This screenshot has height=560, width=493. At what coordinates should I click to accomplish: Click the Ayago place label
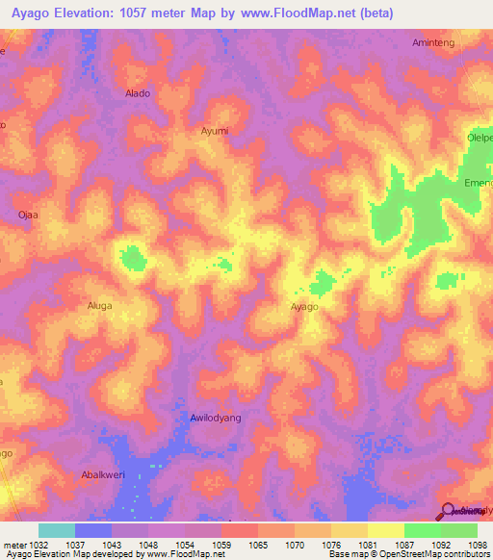[x=304, y=307]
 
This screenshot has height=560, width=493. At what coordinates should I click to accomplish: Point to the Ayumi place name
[x=214, y=130]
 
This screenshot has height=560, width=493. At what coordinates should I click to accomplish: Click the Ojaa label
[x=28, y=215]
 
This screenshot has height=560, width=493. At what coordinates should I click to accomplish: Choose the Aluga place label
[x=100, y=306]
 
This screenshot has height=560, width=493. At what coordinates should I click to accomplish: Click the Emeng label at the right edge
[x=478, y=182]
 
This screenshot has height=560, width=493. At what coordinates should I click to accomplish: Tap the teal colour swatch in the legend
[x=57, y=530]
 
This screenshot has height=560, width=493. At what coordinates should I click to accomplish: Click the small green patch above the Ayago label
[x=322, y=282]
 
